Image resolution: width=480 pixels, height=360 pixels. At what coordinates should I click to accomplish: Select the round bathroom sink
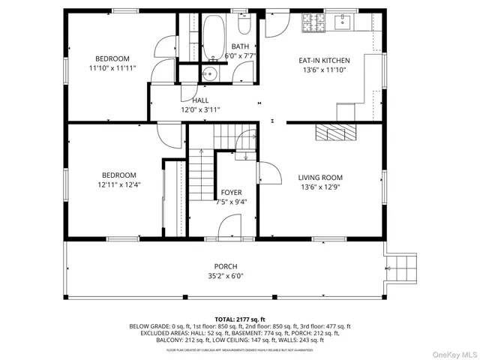coord(211,73)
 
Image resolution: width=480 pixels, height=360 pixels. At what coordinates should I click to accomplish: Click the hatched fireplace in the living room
coord(334,133)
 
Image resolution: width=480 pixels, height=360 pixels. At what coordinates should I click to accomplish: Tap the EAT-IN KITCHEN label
coord(324,60)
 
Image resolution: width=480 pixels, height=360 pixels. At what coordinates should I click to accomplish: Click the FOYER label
coord(231,193)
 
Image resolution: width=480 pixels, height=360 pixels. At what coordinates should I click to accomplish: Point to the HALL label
coord(200,100)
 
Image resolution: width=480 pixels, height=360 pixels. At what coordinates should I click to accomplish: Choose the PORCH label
coord(226,266)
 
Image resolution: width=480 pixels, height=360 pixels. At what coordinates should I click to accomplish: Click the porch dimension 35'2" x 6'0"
coord(226,275)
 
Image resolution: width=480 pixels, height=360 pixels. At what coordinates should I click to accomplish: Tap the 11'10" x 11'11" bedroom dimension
coord(112,68)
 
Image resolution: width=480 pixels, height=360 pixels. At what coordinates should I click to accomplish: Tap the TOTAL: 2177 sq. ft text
coord(240,319)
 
